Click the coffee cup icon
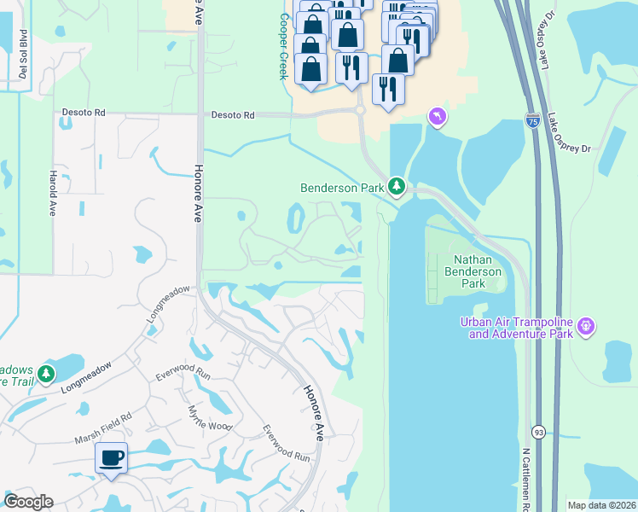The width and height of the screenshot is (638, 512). click(111, 458)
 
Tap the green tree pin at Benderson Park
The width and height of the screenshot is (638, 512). click(396, 185)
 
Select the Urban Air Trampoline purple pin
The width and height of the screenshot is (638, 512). click(585, 325)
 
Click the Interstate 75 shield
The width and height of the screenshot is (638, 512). click(532, 123)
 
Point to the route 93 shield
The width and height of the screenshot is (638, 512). click(537, 432)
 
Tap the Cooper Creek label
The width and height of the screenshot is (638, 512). click(284, 48)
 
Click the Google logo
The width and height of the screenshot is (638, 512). click(28, 502)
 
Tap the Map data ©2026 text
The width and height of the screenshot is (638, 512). click(601, 505)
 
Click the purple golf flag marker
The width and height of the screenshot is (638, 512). click(437, 116)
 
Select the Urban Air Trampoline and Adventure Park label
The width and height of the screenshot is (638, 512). click(517, 328)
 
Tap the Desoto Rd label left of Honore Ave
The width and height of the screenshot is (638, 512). click(84, 112)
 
